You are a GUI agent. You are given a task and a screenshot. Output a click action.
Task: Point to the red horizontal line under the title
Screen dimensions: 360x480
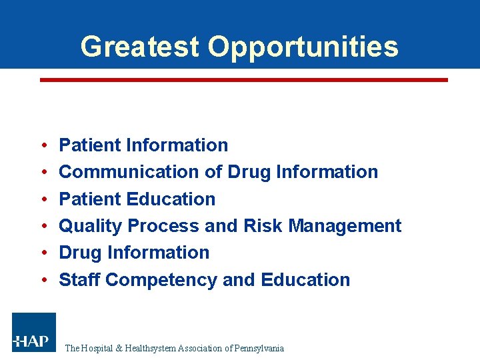point(244,79)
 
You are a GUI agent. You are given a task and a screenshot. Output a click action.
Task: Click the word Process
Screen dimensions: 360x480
point(163,227)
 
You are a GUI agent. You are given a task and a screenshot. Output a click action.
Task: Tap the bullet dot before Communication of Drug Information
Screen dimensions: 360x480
point(43,173)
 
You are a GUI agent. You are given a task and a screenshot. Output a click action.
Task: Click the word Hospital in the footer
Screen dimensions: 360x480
point(98,348)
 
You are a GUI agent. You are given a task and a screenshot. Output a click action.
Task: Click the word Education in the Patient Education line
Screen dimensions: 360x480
point(175,199)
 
